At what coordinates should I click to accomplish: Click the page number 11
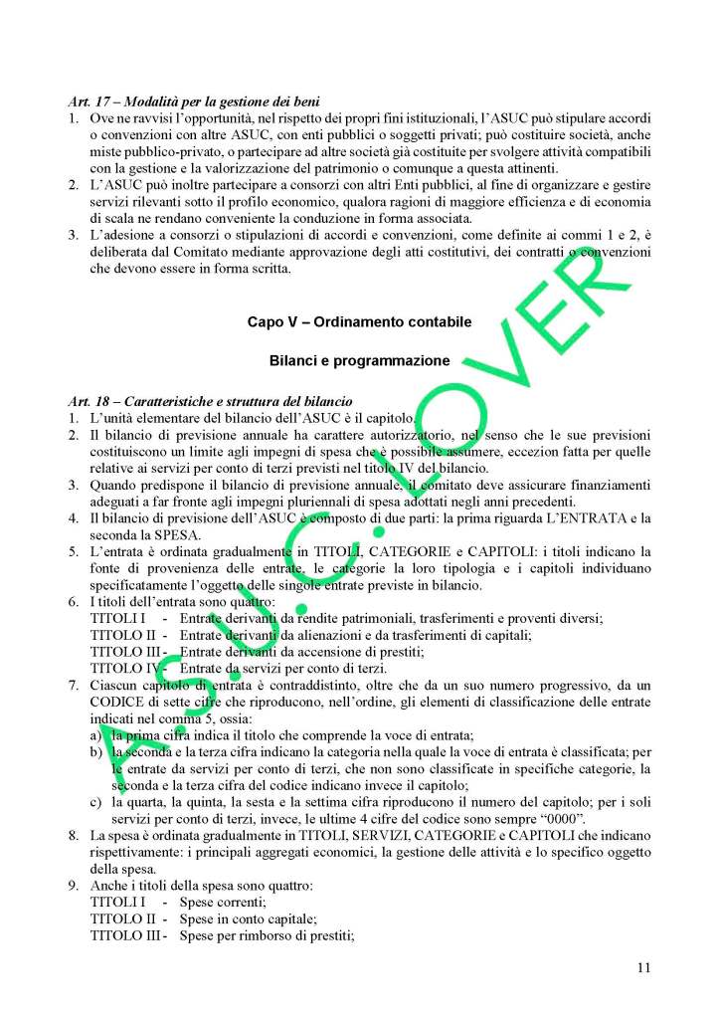coord(643,964)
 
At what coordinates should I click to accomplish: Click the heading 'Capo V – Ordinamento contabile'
coord(359,322)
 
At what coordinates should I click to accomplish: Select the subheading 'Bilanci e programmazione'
coord(359,359)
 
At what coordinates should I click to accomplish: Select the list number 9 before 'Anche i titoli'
coord(76,886)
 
